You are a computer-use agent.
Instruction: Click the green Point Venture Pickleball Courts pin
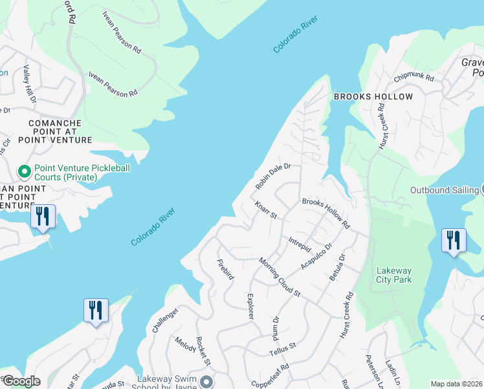(x=25, y=172)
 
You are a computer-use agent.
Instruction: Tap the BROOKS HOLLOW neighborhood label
(x=373, y=97)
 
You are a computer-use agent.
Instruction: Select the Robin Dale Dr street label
(x=273, y=176)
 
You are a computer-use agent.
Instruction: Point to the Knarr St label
(x=265, y=210)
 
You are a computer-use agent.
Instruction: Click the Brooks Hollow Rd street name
(x=325, y=213)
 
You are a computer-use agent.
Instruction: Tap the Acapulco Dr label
(x=316, y=257)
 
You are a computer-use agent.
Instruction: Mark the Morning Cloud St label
(x=280, y=277)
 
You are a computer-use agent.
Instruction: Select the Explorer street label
(x=250, y=306)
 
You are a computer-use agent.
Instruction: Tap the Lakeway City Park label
(x=394, y=276)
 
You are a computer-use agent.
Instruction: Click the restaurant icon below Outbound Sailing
(x=453, y=240)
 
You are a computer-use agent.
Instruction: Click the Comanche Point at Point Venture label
(x=54, y=131)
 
